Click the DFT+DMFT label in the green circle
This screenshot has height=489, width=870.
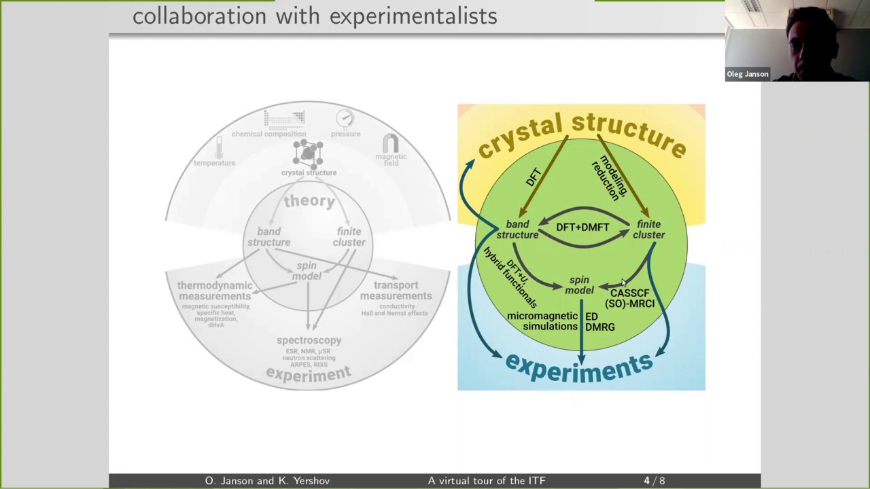582,227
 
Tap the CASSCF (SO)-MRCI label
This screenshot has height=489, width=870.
629,298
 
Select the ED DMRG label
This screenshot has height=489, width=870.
599,322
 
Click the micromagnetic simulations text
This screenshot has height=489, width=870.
542,321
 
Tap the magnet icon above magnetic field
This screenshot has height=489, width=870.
391,143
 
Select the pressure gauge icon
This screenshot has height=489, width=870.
345,119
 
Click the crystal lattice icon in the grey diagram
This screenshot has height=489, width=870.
308,153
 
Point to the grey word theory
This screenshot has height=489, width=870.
309,201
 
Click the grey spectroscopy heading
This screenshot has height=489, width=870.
309,340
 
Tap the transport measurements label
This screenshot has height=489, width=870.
396,291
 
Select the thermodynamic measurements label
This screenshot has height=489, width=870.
215,291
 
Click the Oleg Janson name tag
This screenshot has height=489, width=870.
748,74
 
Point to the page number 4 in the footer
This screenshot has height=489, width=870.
647,481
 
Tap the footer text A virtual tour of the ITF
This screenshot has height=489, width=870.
487,481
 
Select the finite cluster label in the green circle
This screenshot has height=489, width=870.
648,230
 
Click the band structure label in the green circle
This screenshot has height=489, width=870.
517,230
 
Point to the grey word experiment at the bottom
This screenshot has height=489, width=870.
309,373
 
